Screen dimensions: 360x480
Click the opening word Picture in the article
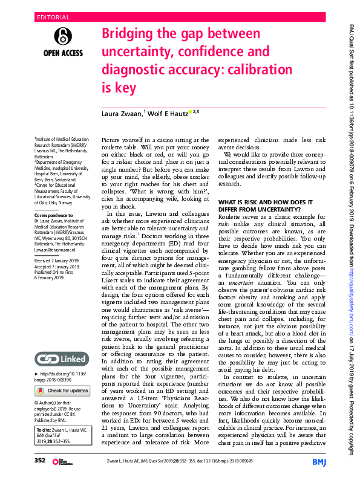tap(114, 140)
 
